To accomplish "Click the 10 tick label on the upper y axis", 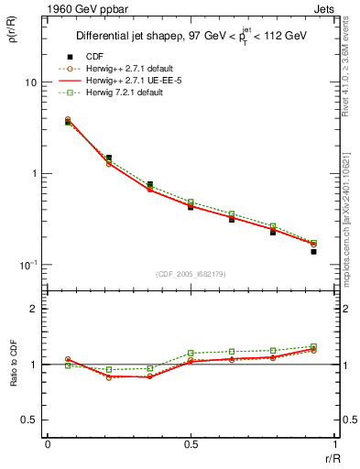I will pos(30,82).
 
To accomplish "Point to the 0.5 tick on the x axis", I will pos(191,444).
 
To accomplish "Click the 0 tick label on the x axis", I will pos(48,444).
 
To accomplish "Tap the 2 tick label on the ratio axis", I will pos(34,309).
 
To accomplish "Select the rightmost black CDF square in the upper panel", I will pos(313,251).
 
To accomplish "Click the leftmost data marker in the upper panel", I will pos(68,121).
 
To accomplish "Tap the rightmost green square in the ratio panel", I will pos(313,346).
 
